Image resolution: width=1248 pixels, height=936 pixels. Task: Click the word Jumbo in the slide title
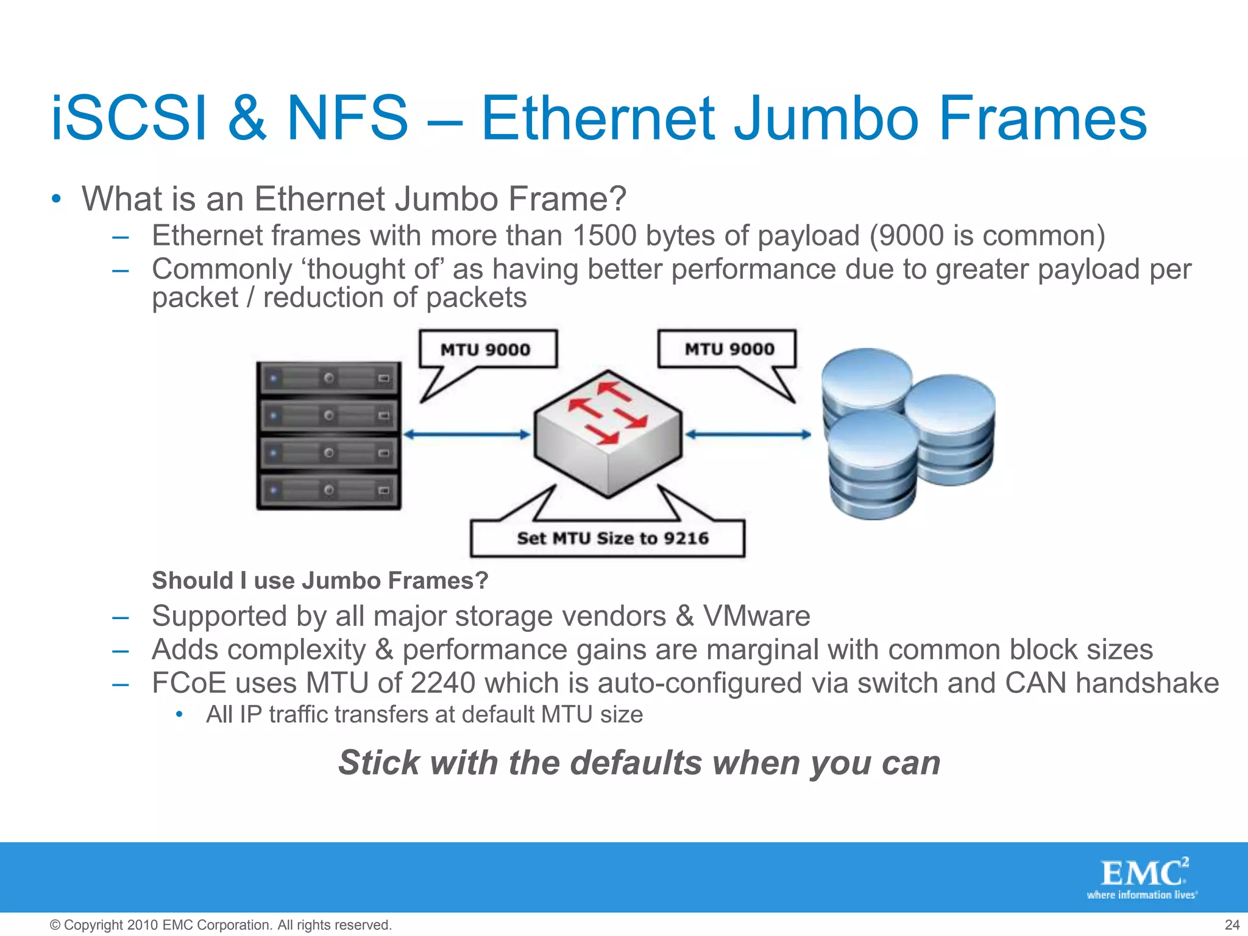point(826,118)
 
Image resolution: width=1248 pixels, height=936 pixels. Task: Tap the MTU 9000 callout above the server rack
point(486,350)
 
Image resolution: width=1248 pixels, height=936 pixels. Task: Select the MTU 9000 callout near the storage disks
point(729,349)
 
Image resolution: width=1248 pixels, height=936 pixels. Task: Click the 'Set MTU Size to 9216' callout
point(612,538)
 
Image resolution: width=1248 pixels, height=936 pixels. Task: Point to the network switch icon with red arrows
point(608,434)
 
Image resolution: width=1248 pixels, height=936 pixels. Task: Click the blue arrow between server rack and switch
point(466,434)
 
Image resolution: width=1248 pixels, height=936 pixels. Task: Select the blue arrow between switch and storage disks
point(748,434)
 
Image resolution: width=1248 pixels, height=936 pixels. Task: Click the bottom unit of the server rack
point(329,491)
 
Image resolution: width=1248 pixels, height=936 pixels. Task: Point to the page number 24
point(1232,925)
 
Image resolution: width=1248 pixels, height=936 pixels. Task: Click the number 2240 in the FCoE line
point(442,683)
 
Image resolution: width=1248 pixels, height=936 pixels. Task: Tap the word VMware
point(756,616)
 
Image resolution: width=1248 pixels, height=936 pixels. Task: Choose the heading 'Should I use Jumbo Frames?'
point(320,581)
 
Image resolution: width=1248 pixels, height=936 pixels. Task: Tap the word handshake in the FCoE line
point(1146,683)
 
